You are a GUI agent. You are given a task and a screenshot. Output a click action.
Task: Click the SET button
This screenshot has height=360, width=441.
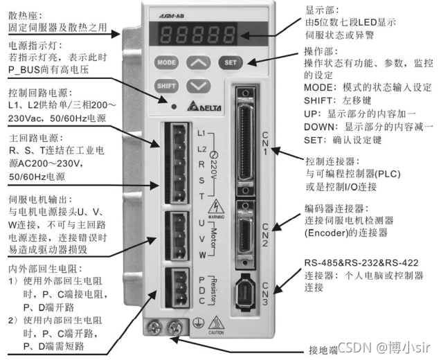tap(231, 62)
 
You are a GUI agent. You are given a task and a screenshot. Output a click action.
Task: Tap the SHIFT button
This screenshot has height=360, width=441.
tap(167, 87)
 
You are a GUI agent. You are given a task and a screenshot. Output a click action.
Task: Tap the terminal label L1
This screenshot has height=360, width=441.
tap(202, 132)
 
